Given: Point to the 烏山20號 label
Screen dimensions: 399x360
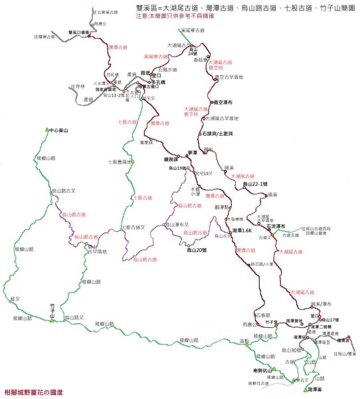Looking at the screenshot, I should click(199, 250).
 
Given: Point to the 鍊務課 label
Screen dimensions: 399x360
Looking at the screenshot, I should click(171, 160).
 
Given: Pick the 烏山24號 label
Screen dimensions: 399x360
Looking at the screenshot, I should click(193, 52).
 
